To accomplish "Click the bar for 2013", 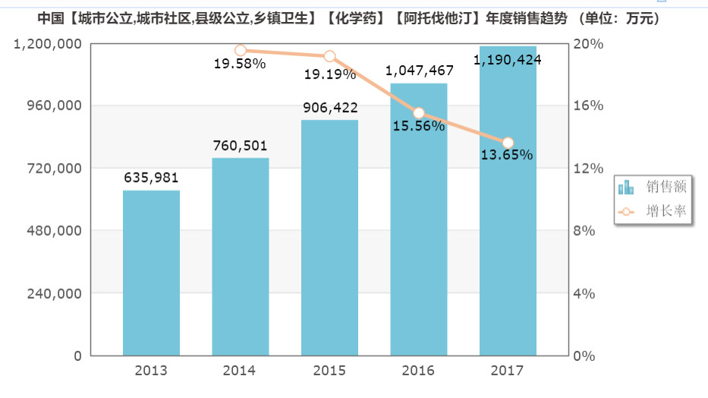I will tap(151, 273).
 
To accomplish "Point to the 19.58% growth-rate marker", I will tap(241, 51).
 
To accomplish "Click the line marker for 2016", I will tap(419, 113).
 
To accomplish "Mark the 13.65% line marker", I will tap(508, 143).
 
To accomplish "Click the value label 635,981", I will tap(151, 178).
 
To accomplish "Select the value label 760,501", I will tap(240, 146).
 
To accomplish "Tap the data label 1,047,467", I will tap(419, 71).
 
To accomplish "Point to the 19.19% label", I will tap(329, 74).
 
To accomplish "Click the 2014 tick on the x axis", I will tap(240, 371).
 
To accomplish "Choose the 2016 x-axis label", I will tap(418, 371).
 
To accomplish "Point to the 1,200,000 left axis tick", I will tap(48, 44).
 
